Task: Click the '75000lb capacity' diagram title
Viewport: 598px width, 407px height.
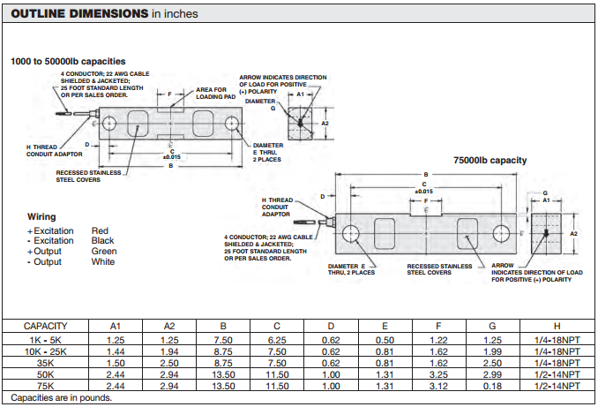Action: tap(490, 160)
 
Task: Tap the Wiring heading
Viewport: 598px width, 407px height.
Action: tap(41, 217)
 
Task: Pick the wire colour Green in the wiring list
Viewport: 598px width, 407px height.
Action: tap(104, 251)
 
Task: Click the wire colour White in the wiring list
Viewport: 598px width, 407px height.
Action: tap(103, 261)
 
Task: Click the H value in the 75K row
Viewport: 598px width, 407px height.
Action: tap(557, 386)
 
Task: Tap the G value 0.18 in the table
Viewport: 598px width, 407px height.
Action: tap(491, 386)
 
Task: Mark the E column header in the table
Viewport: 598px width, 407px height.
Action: tap(384, 326)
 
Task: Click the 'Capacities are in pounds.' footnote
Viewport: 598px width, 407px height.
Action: tap(62, 398)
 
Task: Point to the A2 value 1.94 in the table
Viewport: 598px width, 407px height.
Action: tap(169, 350)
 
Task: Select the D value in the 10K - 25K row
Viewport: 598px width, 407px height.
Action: tap(331, 350)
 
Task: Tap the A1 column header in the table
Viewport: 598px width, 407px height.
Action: tap(115, 326)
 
